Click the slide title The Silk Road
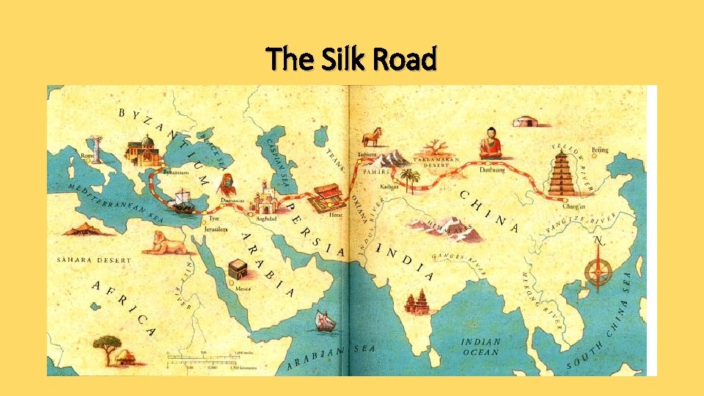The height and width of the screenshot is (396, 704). coord(351,59)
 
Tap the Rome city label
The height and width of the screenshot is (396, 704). coord(88,155)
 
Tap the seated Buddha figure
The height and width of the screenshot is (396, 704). coord(490,144)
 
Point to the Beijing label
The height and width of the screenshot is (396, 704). coord(600,150)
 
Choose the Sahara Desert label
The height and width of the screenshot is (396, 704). coord(94,260)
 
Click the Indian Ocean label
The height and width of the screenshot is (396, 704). coord(480,346)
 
